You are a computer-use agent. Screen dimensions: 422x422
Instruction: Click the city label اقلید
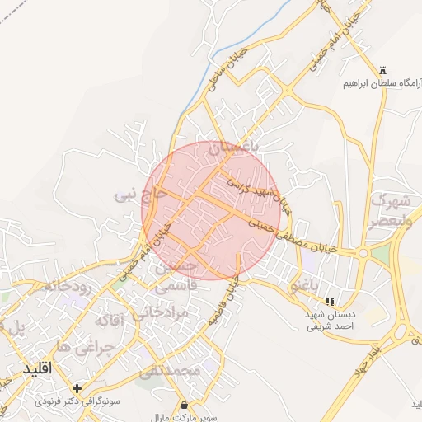pyautogui.click(x=38, y=368)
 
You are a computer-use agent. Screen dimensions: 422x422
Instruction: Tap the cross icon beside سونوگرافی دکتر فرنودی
pyautogui.click(x=77, y=388)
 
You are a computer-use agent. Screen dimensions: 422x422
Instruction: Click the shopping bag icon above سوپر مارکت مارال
pyautogui.click(x=182, y=405)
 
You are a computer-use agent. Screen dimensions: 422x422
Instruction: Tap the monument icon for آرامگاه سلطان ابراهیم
pyautogui.click(x=382, y=71)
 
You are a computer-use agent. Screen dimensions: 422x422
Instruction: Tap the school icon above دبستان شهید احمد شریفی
pyautogui.click(x=331, y=302)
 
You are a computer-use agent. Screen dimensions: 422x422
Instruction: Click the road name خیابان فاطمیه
pyautogui.click(x=226, y=298)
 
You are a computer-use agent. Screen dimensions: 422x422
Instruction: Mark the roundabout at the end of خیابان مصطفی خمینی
pyautogui.click(x=363, y=254)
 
